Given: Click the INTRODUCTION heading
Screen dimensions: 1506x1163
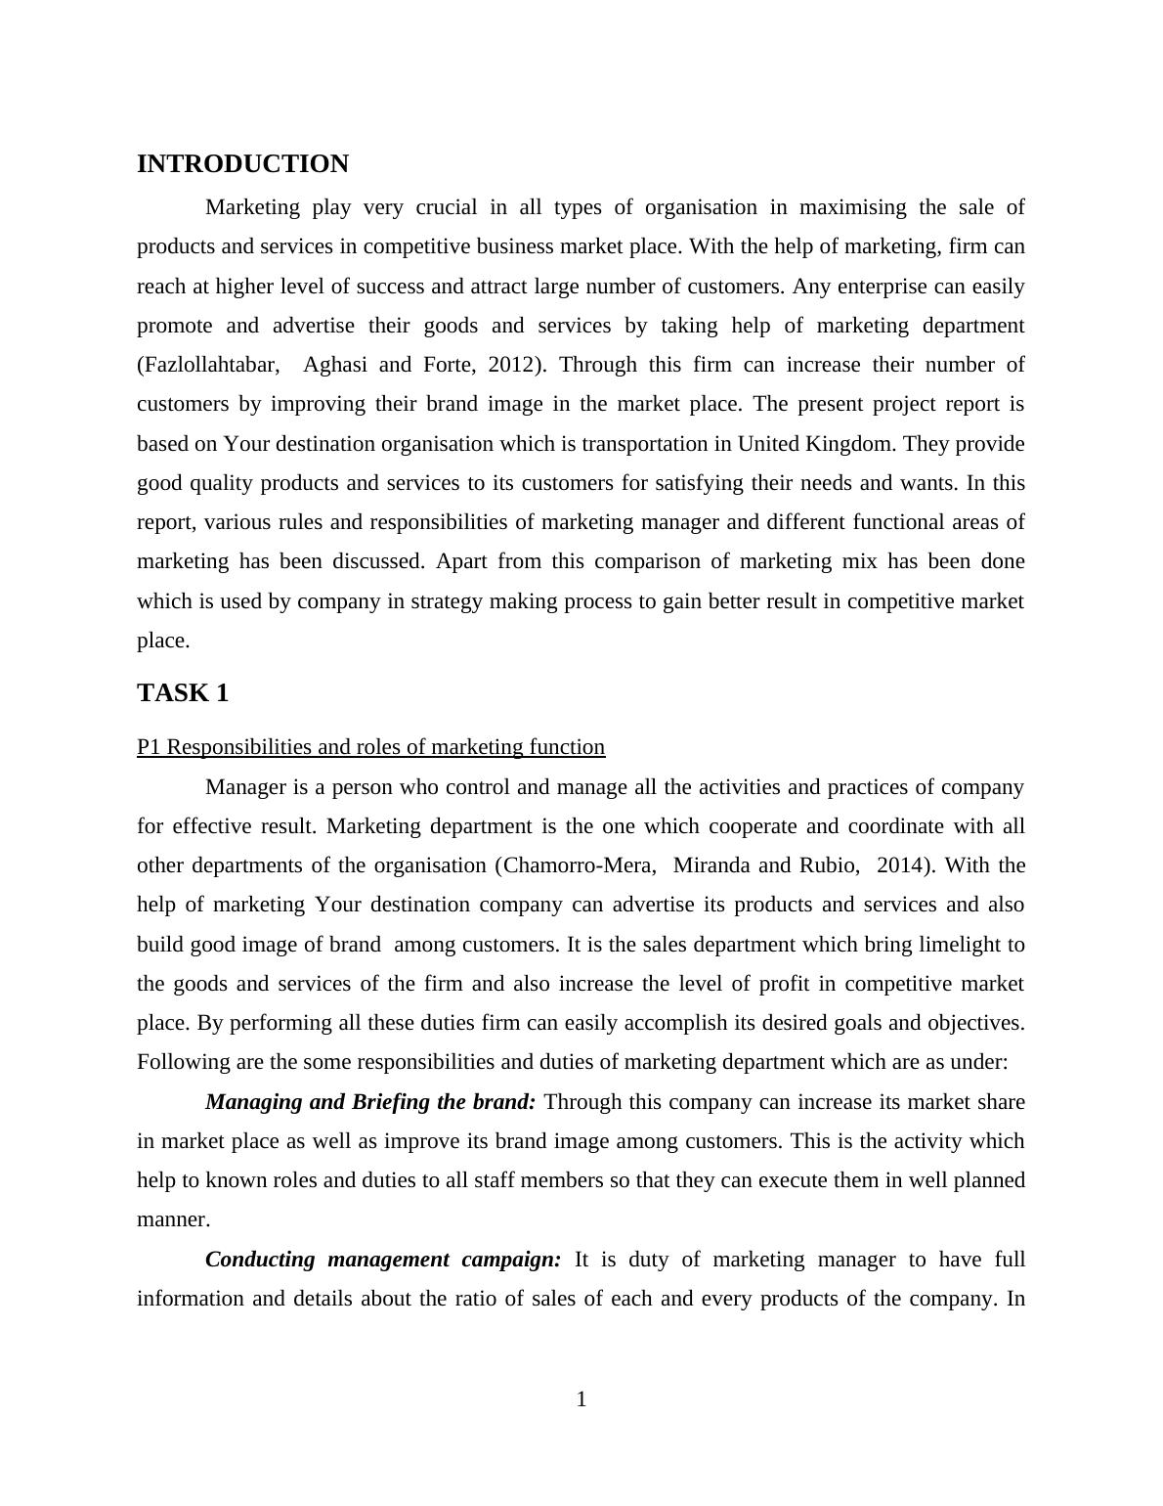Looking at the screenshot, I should pos(242,164).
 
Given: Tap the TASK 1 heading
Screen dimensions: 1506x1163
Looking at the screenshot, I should pos(183,693).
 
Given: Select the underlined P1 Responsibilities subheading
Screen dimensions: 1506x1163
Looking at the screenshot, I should pos(370,747).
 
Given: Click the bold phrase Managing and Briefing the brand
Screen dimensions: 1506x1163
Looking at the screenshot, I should pos(370,1102).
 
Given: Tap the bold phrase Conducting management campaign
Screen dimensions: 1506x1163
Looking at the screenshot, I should pos(383,1260).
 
